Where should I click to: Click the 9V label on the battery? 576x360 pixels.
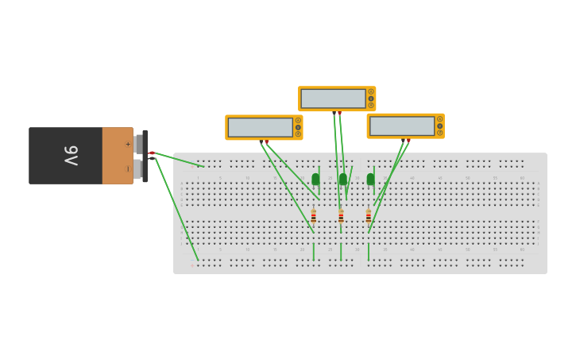point(71,156)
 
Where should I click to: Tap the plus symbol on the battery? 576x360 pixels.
point(127,144)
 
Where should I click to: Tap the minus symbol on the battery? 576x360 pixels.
point(127,168)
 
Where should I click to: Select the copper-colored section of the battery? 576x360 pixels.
point(118,156)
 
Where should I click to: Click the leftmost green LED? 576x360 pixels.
point(315,179)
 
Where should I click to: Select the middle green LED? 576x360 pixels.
point(343,179)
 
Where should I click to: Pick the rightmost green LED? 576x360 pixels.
point(370,179)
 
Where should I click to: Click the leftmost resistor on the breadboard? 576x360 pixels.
point(314,216)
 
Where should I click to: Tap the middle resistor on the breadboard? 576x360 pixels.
point(341,216)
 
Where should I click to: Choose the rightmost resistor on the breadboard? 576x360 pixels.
point(369,216)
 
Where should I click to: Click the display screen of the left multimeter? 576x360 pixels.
point(261,127)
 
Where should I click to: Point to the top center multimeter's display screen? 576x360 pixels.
point(333,99)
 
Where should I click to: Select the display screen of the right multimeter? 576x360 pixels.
point(401,126)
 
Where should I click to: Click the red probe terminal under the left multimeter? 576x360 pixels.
point(267,141)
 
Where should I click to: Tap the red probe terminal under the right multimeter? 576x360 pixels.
point(408,140)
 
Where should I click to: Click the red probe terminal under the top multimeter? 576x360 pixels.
point(340,113)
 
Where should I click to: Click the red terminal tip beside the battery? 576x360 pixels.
point(152,153)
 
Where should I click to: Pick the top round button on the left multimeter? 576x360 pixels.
point(298,121)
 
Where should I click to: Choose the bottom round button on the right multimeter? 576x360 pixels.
point(439,132)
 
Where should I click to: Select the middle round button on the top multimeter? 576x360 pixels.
point(371,99)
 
